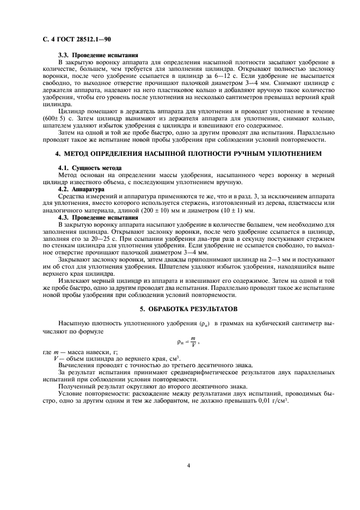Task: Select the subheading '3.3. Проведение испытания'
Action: coord(98,56)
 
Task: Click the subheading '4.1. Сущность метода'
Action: coord(89,168)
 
